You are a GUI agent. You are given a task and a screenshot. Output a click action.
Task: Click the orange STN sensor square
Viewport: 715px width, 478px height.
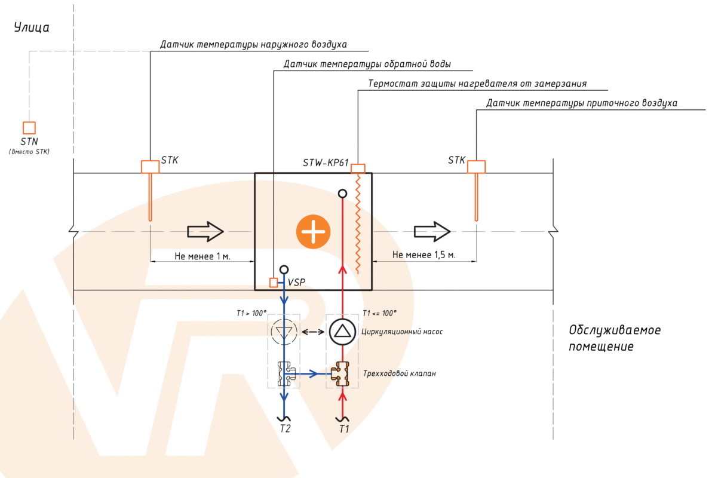(29, 128)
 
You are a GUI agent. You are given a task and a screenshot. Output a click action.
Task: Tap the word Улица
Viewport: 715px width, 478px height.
(32, 27)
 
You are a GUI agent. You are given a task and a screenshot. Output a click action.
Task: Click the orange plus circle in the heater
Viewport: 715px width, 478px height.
(313, 231)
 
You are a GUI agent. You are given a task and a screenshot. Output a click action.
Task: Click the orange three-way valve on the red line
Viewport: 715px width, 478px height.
(342, 374)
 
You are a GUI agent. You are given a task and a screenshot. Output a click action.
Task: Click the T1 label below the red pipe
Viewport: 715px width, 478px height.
(343, 428)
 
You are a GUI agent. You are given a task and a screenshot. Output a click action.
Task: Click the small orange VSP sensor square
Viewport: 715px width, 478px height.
(274, 283)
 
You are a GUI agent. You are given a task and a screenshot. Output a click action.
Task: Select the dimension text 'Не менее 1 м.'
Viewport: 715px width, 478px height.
(202, 255)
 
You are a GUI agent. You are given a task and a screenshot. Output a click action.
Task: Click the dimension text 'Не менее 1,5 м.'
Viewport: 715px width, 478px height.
(424, 255)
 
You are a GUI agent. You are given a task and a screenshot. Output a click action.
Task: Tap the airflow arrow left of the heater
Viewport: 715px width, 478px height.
(205, 231)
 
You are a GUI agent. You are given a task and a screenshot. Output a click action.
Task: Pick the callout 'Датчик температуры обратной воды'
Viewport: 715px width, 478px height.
(367, 64)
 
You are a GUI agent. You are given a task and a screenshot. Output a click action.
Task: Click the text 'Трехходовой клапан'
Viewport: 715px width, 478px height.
(400, 374)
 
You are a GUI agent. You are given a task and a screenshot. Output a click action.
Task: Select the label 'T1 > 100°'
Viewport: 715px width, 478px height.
(251, 312)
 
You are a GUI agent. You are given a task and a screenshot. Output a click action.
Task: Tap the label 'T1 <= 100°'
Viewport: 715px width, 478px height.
(379, 312)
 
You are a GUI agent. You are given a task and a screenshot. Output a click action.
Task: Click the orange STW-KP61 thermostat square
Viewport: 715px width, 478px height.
(358, 168)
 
